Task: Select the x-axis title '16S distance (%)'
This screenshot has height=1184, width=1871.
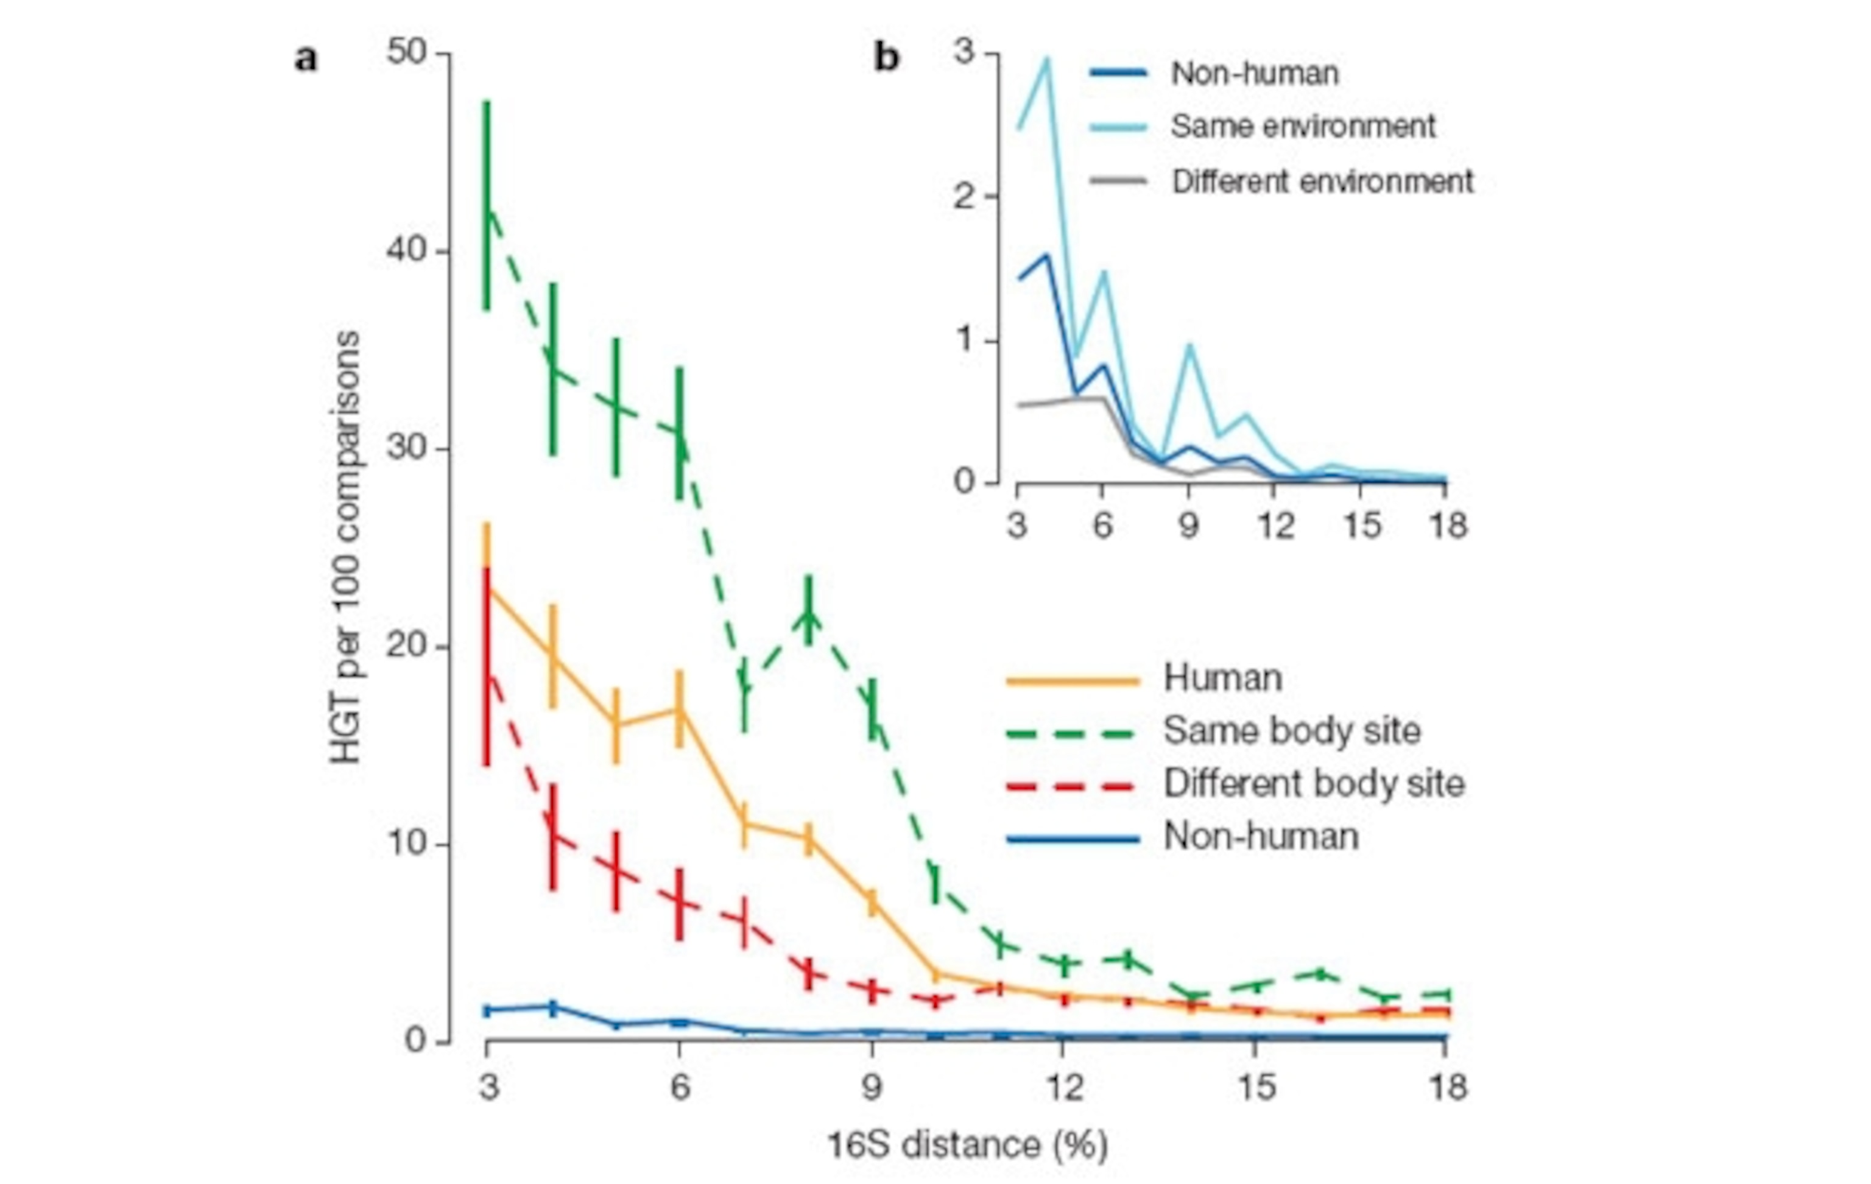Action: [x=967, y=1145]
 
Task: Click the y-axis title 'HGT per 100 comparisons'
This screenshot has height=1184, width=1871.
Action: [x=346, y=547]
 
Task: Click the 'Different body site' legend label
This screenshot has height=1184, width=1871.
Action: [x=1313, y=783]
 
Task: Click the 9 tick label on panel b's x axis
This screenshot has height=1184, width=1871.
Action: [x=1189, y=526]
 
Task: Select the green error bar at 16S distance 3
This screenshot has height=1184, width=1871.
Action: [x=487, y=206]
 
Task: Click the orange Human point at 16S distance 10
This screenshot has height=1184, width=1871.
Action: [x=935, y=973]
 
